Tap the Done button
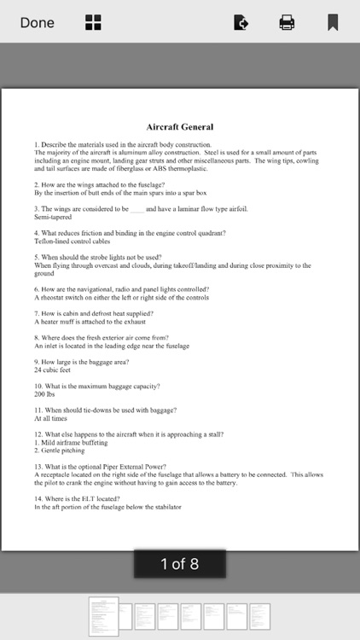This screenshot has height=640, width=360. coord(38,23)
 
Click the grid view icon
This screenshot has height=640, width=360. coord(93,23)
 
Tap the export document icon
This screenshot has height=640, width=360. coord(241,23)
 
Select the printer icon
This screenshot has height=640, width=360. coord(287,23)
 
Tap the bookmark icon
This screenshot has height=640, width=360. coord(333,23)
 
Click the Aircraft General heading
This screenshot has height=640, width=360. coord(180,127)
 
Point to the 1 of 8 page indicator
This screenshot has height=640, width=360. coord(180,563)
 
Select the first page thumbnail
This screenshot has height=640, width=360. coord(104,616)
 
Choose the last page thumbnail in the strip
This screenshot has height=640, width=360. coord(258,616)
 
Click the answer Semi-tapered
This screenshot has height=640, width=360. coord(52,217)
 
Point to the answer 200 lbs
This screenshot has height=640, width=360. coord(45,395)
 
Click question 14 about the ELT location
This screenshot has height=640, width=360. coord(78,498)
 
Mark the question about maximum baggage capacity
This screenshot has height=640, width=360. coord(98,387)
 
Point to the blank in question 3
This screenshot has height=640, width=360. coord(137,209)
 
